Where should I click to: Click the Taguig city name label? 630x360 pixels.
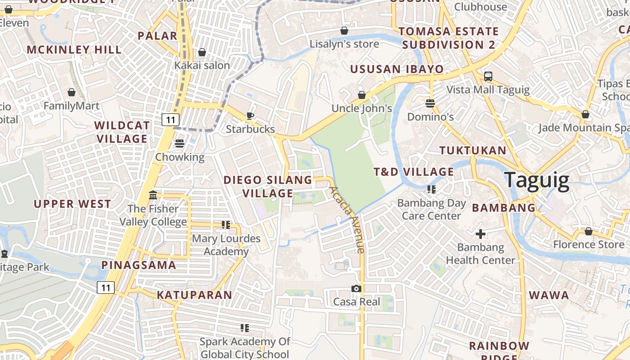536,180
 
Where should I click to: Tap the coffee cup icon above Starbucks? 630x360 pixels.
250,116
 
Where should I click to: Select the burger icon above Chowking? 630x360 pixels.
180,144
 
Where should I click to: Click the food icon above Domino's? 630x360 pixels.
430,103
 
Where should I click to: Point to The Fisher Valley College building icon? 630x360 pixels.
153,195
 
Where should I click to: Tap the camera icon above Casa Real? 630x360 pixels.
356,288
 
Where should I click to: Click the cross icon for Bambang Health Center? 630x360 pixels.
481,234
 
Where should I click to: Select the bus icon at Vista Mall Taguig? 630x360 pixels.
488,76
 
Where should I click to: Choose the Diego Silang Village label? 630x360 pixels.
268,186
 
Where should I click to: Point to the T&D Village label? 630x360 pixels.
414,171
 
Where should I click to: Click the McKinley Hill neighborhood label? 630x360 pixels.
74,49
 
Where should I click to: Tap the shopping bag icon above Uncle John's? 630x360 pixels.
362,95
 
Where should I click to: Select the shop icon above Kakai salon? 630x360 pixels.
202,52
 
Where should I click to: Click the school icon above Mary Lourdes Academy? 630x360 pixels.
226,225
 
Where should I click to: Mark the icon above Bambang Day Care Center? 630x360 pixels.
432,189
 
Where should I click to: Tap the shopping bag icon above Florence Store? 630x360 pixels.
589,231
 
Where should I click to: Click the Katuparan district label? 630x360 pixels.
194,295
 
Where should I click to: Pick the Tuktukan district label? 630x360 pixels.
472,150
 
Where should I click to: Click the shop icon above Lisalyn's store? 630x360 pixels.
344,31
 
